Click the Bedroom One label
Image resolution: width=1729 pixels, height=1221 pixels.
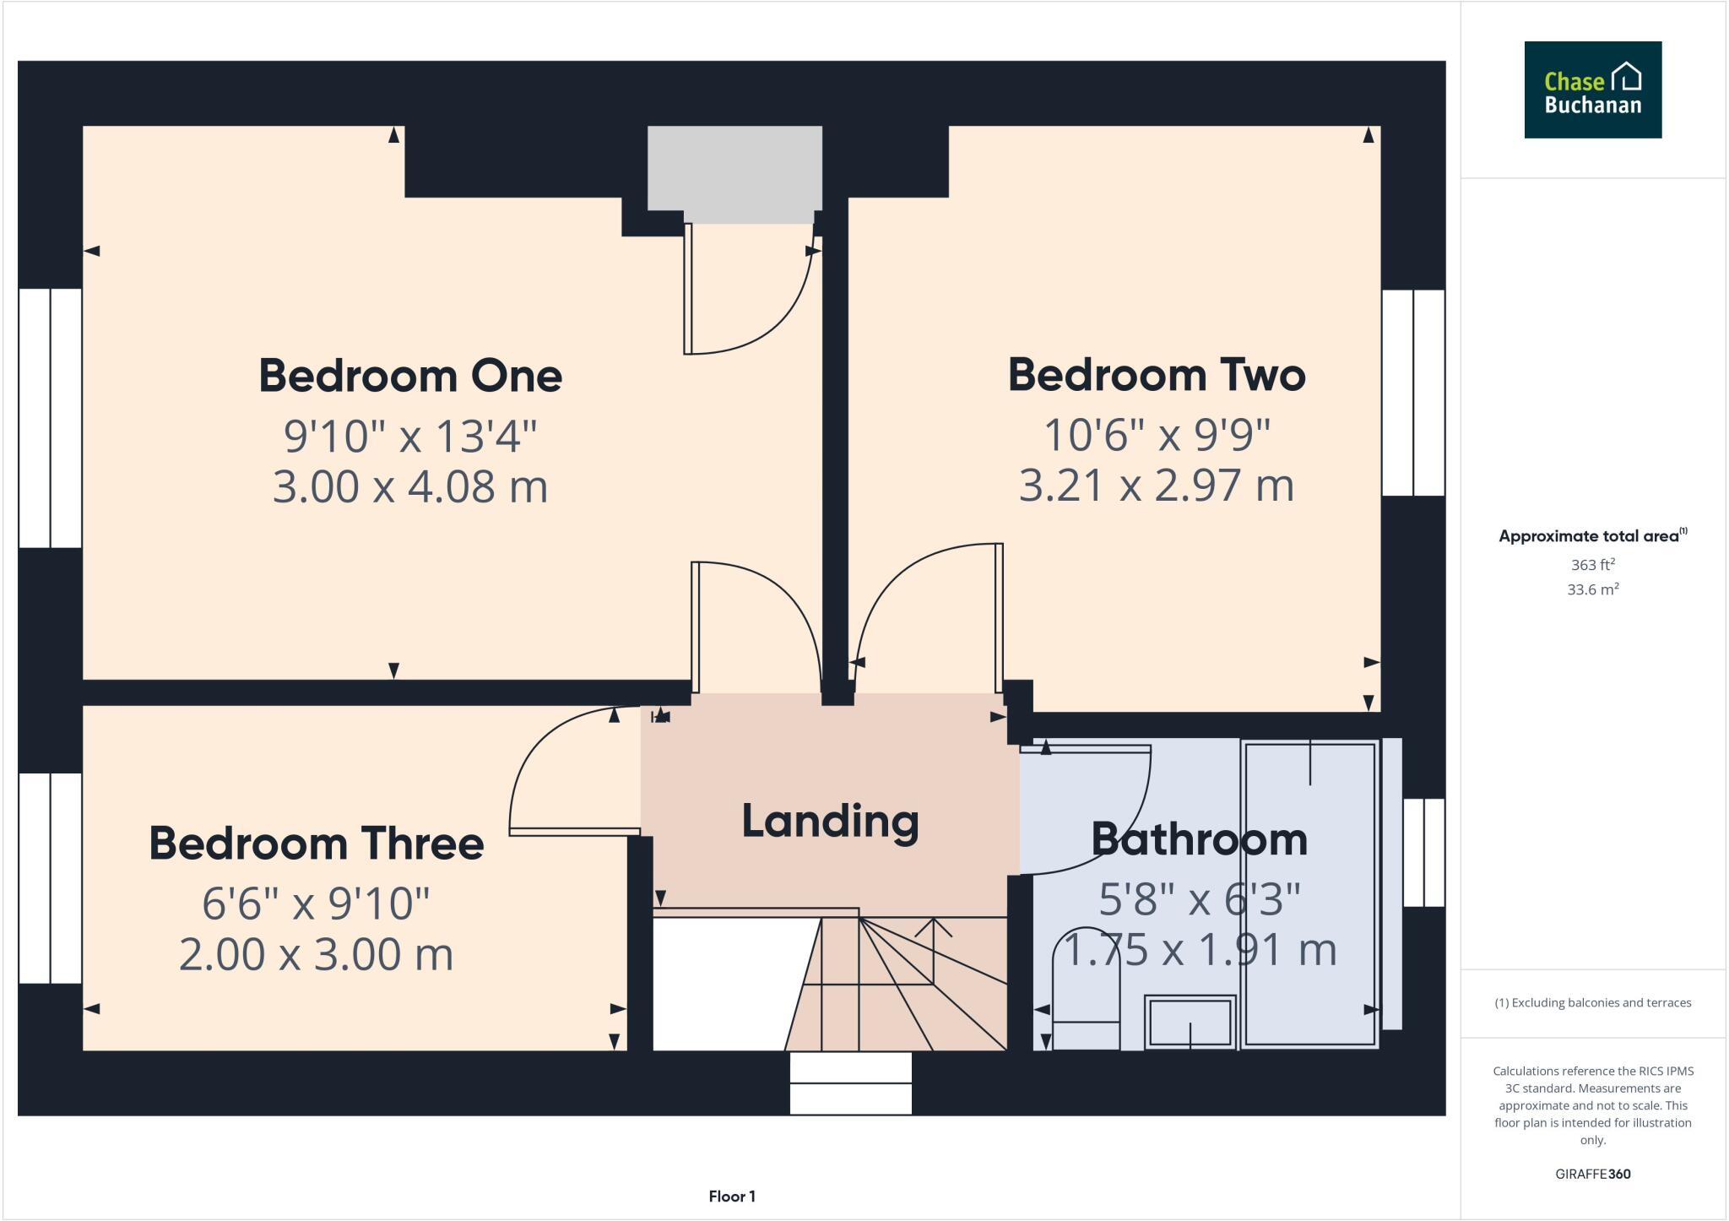[410, 376]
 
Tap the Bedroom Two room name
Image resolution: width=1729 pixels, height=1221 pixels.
[1157, 374]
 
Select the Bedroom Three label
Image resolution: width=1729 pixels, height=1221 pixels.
[316, 843]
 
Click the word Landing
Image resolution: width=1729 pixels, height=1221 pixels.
[830, 821]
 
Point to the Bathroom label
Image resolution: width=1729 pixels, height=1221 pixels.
[1199, 838]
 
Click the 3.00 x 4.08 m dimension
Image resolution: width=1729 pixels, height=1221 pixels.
[410, 487]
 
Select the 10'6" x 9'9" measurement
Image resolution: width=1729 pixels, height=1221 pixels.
[1157, 435]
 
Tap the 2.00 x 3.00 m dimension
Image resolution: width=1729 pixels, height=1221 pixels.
[316, 954]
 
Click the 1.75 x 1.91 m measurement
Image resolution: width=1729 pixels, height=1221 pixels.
[1199, 950]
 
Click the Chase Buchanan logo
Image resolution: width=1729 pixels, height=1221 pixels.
[1592, 90]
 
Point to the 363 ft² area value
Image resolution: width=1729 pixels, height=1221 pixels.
[1592, 564]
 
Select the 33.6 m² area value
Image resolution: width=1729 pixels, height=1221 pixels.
[1592, 589]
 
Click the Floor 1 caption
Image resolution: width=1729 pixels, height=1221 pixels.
[732, 1196]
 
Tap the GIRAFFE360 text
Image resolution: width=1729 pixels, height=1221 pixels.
[1592, 1174]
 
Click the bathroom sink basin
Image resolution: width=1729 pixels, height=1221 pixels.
[1190, 1022]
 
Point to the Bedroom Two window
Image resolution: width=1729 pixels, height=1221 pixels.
[1413, 393]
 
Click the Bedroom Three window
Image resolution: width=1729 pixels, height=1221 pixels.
[50, 878]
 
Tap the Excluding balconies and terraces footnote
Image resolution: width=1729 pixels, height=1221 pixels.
[1592, 1003]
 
